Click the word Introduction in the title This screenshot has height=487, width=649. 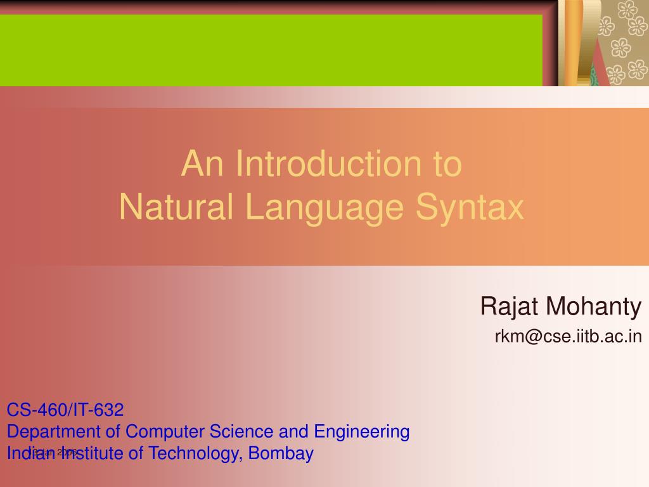pos(326,164)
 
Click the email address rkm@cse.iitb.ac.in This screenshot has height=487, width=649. pos(569,336)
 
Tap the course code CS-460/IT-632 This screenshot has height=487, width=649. pos(65,410)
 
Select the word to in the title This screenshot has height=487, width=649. pos(447,164)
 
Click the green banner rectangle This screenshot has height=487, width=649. pos(271,49)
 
